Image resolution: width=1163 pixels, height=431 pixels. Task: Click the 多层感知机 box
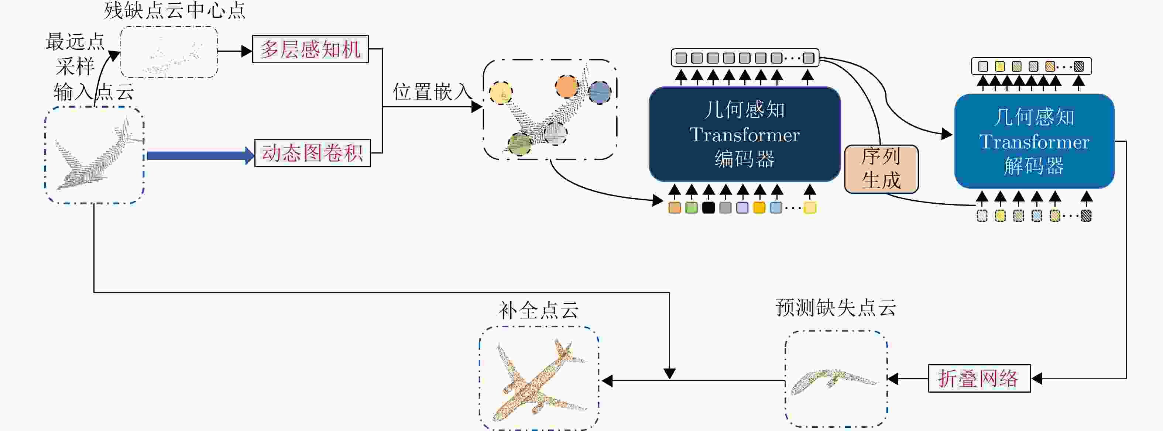[x=310, y=49]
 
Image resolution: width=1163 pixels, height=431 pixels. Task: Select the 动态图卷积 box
[x=312, y=153]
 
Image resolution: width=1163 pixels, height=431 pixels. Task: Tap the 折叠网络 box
[x=979, y=378]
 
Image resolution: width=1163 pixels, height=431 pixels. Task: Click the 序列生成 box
[x=881, y=169]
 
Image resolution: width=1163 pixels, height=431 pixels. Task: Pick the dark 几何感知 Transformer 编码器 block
[x=744, y=134]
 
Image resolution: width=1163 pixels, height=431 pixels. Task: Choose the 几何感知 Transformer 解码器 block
[x=1034, y=141]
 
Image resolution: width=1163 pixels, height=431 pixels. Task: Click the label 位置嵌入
[x=432, y=92]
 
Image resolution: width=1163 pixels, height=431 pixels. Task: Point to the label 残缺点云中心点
[x=174, y=10]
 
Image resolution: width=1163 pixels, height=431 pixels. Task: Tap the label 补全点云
[x=538, y=310]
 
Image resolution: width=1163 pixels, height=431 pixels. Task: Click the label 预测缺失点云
[x=836, y=308]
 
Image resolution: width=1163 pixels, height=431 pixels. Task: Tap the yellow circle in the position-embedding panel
[x=501, y=93]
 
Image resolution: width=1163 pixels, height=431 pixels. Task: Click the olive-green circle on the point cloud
[x=519, y=144]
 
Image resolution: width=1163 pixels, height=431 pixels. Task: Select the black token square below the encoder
[x=709, y=208]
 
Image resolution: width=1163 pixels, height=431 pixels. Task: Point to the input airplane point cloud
[x=94, y=155]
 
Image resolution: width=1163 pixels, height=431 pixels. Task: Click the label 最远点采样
[x=75, y=54]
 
